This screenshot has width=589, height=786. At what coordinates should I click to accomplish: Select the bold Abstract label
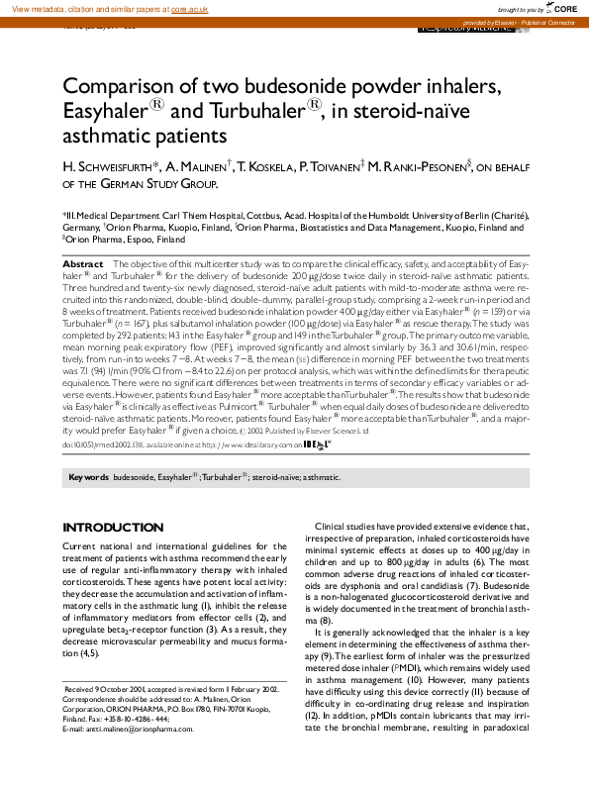[x=83, y=264]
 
